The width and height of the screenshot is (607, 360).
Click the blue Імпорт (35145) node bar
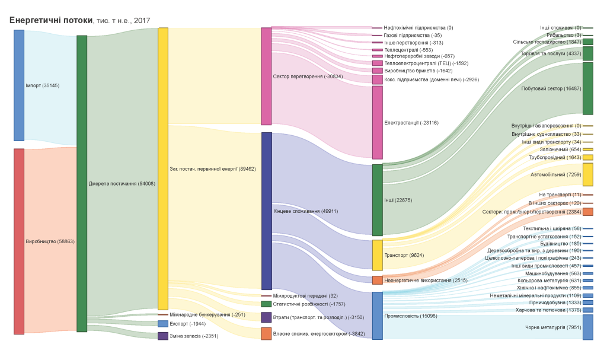[19, 85]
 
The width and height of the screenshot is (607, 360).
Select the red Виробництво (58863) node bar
[19, 241]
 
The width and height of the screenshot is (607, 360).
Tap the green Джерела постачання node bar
[82, 183]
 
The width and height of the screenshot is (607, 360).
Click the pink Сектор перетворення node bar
[266, 77]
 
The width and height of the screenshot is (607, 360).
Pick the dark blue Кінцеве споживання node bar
[266, 211]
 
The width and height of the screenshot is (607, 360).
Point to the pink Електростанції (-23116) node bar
[378, 123]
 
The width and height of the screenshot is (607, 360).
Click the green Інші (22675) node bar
[378, 200]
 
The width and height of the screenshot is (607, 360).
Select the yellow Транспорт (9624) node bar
[378, 255]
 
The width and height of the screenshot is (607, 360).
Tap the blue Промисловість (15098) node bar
[378, 316]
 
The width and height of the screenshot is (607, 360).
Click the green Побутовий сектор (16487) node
[587, 88]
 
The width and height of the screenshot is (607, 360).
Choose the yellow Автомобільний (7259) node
[587, 175]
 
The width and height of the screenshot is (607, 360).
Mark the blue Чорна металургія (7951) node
[587, 327]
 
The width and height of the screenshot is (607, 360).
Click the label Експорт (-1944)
[187, 324]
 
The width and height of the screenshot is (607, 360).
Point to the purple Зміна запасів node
[163, 336]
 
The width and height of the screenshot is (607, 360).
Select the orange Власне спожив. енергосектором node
[266, 333]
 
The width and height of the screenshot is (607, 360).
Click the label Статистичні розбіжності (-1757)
[309, 304]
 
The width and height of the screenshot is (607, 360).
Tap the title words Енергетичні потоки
[51, 20]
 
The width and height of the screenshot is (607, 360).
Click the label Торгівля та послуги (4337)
[550, 53]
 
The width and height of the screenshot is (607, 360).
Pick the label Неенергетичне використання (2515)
[417, 280]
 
